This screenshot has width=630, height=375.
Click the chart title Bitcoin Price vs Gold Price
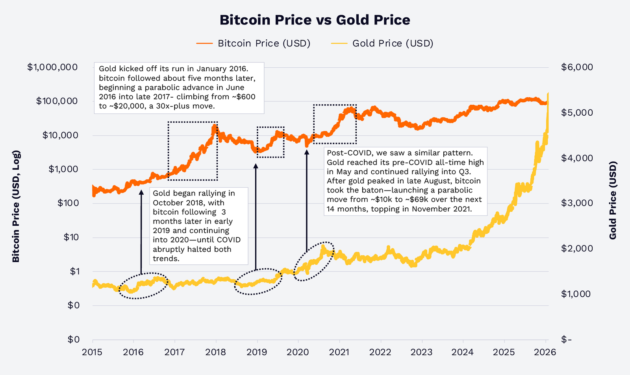(315, 20)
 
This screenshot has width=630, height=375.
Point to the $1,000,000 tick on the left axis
(52, 67)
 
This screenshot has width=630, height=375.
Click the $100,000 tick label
(57, 101)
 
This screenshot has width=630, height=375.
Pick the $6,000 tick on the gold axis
(577, 67)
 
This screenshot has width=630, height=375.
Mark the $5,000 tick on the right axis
(577, 113)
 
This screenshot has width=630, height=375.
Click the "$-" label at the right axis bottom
(566, 340)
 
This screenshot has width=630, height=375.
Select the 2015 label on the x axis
(92, 352)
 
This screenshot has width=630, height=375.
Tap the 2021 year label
(339, 352)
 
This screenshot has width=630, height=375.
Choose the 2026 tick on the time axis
(545, 352)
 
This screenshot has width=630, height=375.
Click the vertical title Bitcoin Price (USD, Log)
(16, 206)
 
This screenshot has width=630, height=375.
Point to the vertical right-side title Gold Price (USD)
(613, 200)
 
